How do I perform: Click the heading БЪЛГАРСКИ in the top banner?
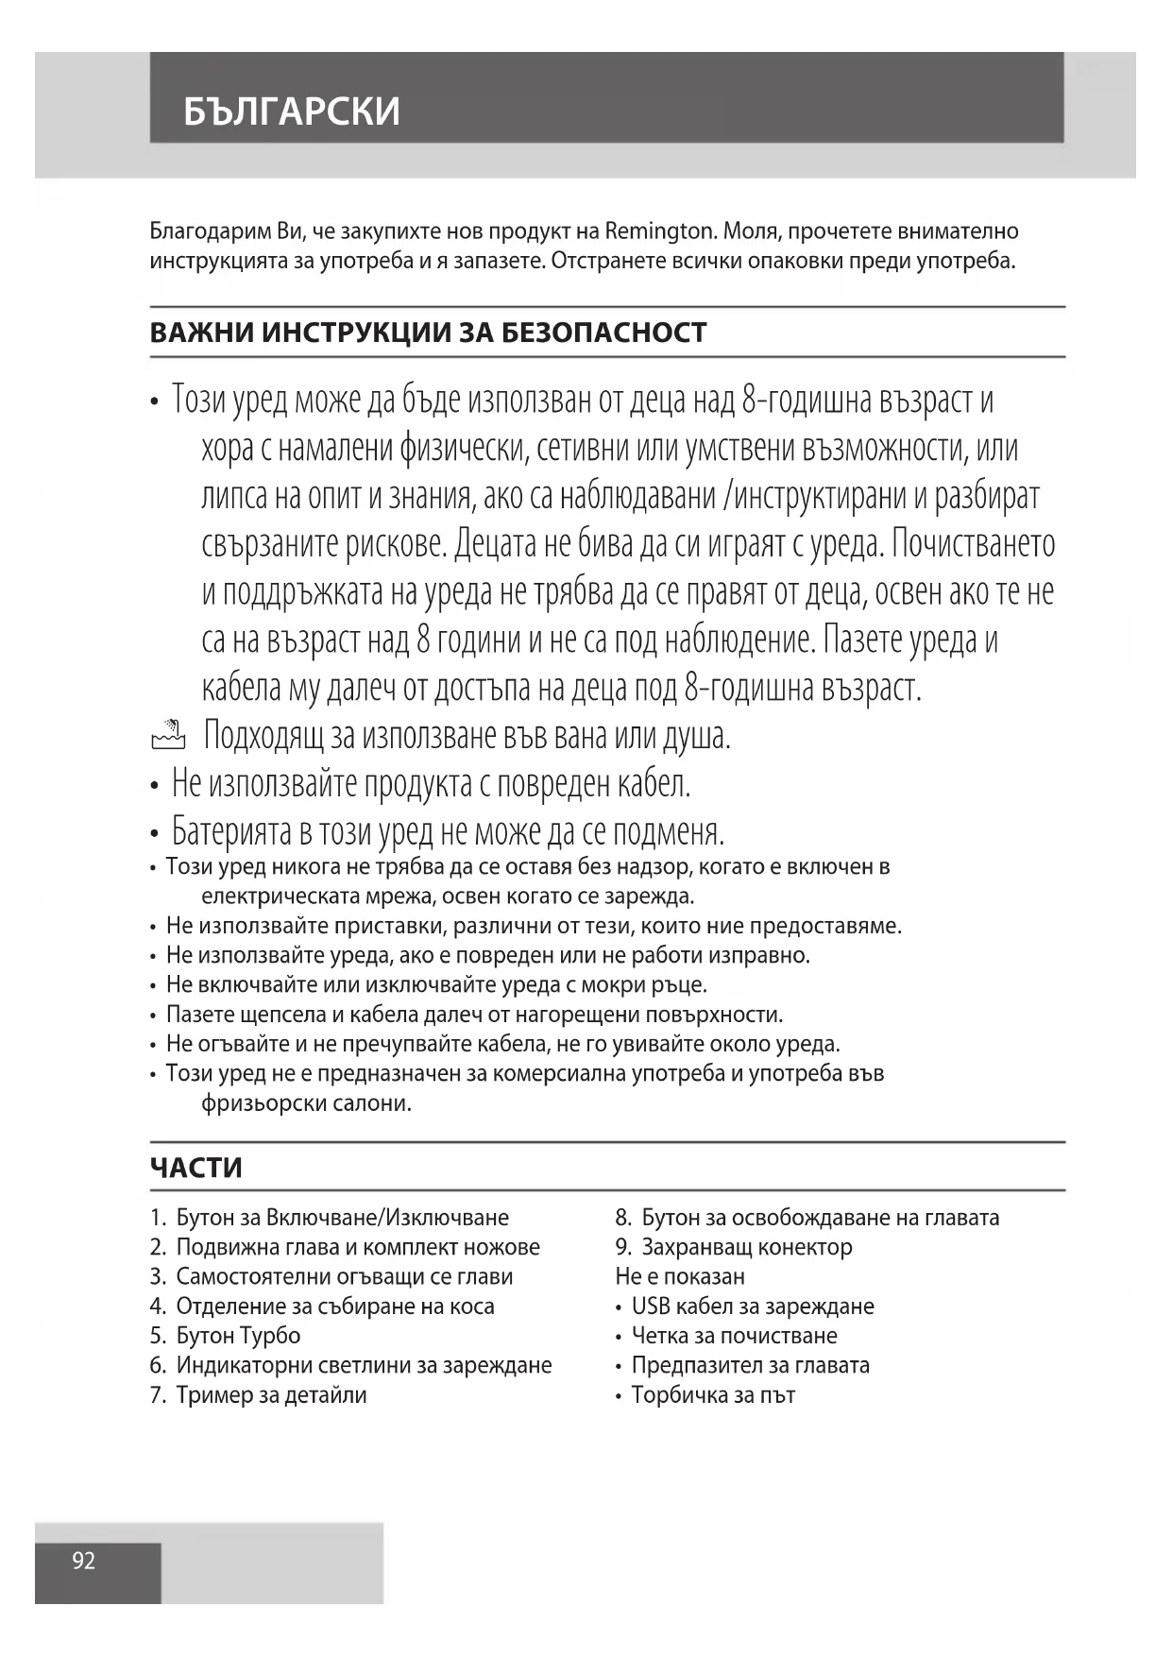[292, 111]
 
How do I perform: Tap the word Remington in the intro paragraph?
[658, 231]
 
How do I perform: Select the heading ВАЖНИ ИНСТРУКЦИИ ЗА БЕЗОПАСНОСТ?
[428, 333]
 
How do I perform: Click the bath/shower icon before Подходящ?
[168, 734]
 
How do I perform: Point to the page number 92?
[84, 1561]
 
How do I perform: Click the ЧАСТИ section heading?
[196, 1168]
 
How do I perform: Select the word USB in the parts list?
[652, 1307]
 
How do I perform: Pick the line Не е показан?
[680, 1276]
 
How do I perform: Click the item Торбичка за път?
[713, 1395]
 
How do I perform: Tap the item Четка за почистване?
[734, 1336]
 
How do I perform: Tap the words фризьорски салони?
[307, 1103]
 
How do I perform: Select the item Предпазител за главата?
[750, 1365]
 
